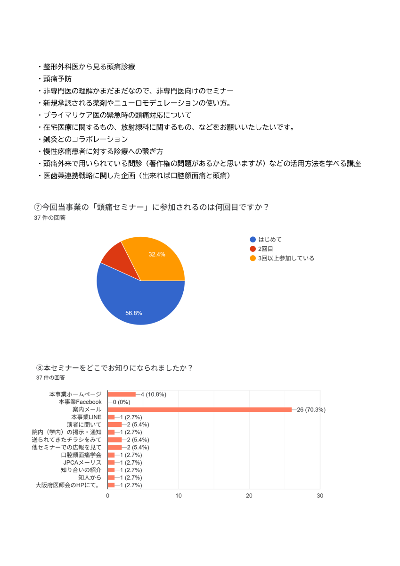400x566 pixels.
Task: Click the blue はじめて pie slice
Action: coord(137,302)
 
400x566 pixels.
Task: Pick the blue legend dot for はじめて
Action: coord(253,239)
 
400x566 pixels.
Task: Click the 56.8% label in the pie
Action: coord(134,313)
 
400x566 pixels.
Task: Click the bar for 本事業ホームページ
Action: coord(122,394)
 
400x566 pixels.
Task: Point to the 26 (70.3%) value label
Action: coord(311,409)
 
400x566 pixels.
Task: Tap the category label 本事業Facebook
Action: coord(80,402)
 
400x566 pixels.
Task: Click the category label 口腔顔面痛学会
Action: coord(81,455)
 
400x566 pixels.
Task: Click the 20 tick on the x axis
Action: coord(249,496)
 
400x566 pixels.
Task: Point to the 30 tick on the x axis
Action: coord(320,496)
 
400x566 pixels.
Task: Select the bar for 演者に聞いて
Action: coord(114,424)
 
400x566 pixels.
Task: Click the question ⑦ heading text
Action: coord(151,207)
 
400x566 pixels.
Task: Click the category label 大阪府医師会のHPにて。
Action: coord(68,485)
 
